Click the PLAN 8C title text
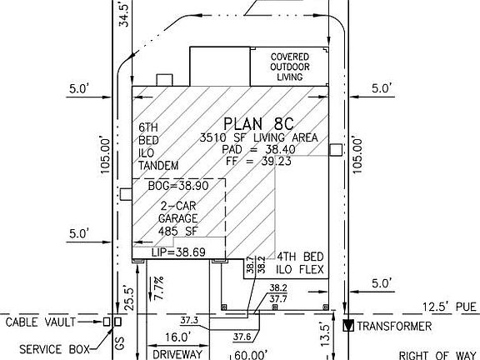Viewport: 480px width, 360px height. click(x=258, y=124)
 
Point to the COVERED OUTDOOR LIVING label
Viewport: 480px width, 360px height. click(x=290, y=67)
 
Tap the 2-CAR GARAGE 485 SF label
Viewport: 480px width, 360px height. click(x=178, y=218)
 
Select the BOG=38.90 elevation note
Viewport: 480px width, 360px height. click(x=178, y=186)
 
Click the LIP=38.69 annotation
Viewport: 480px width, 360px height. click(x=179, y=252)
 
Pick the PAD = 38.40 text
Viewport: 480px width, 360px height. click(x=258, y=149)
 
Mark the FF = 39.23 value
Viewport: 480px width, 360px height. click(x=258, y=161)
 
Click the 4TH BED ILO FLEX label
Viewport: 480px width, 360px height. click(x=300, y=263)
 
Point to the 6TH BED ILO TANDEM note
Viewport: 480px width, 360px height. click(x=158, y=147)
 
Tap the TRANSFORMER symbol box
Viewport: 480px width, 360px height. click(x=348, y=326)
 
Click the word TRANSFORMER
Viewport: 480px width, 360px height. click(x=394, y=327)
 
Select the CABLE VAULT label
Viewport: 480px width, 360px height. click(x=40, y=322)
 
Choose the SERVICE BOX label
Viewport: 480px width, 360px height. click(x=54, y=349)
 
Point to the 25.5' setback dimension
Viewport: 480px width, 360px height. click(x=129, y=299)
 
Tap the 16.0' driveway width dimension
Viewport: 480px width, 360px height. click(x=177, y=337)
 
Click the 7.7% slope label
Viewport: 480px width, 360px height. click(x=159, y=288)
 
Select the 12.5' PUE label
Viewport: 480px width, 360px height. click(x=449, y=307)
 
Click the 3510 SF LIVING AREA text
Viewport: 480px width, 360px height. click(x=258, y=137)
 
